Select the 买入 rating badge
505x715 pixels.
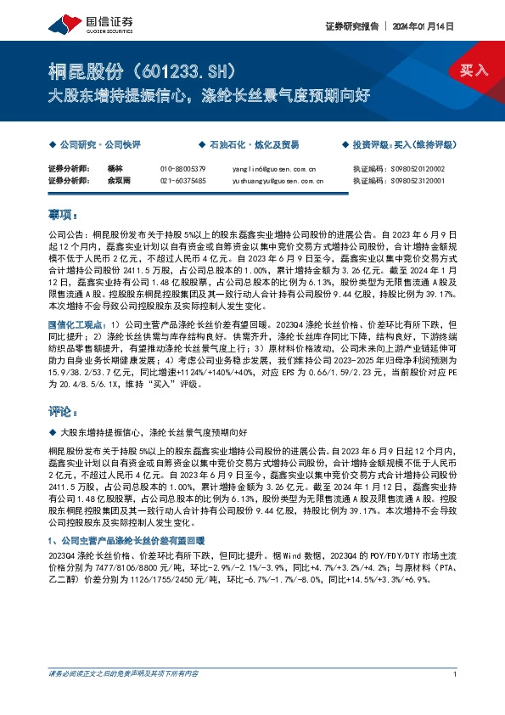point(474,70)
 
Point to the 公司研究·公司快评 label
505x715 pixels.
point(93,145)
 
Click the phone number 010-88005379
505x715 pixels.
point(182,169)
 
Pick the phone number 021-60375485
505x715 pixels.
point(182,180)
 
